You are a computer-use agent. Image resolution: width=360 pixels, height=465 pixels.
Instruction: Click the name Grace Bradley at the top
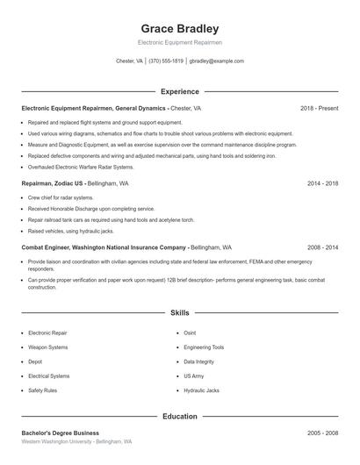(180, 28)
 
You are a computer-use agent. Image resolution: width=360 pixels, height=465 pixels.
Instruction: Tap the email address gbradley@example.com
(217, 61)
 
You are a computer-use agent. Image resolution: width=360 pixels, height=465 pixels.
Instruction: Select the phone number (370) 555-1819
(166, 61)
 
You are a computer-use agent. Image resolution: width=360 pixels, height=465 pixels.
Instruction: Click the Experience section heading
(180, 91)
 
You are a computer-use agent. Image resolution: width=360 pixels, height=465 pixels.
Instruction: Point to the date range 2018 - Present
(319, 108)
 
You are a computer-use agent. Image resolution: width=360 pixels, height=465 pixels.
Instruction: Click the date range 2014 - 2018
(322, 184)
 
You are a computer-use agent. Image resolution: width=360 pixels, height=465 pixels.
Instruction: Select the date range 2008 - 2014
(322, 247)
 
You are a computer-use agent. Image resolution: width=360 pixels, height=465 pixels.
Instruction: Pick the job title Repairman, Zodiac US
(53, 184)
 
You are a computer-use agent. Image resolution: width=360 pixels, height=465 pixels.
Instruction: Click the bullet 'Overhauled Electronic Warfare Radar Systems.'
(81, 167)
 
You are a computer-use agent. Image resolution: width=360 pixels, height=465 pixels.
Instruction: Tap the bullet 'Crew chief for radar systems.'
(61, 197)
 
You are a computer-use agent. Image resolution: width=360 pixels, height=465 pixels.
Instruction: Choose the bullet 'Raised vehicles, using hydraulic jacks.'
(71, 231)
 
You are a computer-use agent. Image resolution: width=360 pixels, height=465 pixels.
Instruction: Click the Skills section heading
(180, 312)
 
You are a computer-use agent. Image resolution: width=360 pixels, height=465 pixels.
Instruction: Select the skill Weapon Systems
(47, 347)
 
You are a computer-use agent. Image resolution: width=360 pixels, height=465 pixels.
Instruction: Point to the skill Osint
(190, 333)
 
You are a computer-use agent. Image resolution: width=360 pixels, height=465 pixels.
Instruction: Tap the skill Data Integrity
(198, 361)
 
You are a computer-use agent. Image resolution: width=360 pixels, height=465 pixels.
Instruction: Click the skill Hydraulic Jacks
(201, 390)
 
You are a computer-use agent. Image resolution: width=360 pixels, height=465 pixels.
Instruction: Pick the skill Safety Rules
(43, 390)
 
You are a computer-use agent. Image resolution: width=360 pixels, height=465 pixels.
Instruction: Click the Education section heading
(180, 417)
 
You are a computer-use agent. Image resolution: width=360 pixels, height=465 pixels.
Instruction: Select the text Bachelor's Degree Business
(61, 433)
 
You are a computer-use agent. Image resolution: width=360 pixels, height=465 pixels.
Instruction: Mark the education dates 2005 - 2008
(322, 433)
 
